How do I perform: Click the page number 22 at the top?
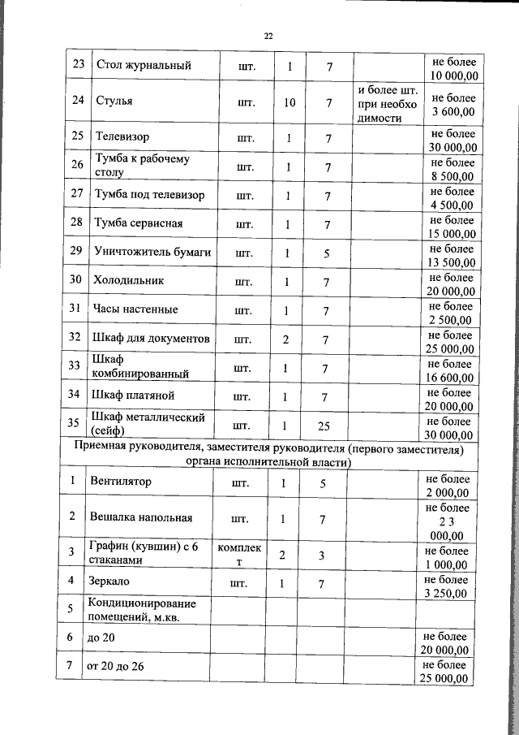coord(268,36)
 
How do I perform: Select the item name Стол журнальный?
coord(144,66)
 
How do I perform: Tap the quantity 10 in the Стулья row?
coord(290,102)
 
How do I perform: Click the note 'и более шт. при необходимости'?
coord(388,102)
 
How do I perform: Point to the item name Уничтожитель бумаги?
coord(152,253)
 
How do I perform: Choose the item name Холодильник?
coord(129,281)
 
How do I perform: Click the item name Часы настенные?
coord(135,309)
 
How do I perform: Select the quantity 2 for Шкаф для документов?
coord(285,339)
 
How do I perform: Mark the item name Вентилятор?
coord(122,482)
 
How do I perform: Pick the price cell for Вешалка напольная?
coord(447,521)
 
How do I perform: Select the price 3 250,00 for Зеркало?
coord(447,587)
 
